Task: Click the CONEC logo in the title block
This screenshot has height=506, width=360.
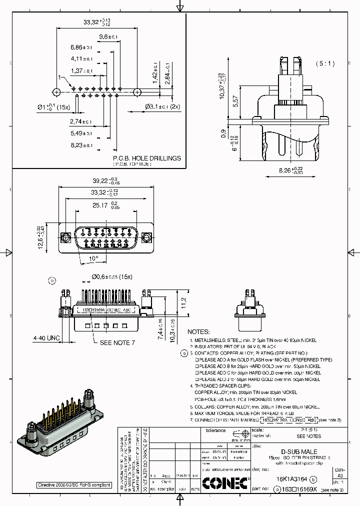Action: coord(224,483)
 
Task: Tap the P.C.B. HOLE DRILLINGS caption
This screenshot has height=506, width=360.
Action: coord(146,158)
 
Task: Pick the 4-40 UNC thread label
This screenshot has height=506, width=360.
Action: coord(46,338)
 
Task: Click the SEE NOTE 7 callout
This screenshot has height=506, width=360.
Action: coord(117,342)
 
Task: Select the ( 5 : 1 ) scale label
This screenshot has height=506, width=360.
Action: coord(325,63)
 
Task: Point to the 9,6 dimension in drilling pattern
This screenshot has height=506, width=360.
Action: coord(107,37)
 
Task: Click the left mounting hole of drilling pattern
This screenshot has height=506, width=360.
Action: coord(56,92)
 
